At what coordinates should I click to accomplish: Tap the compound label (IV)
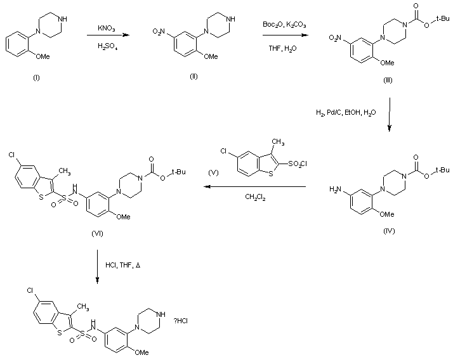(x=390, y=231)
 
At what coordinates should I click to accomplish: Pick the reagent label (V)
(x=214, y=172)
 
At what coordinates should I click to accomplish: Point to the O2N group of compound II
(x=162, y=29)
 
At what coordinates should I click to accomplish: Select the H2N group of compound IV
(x=337, y=190)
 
